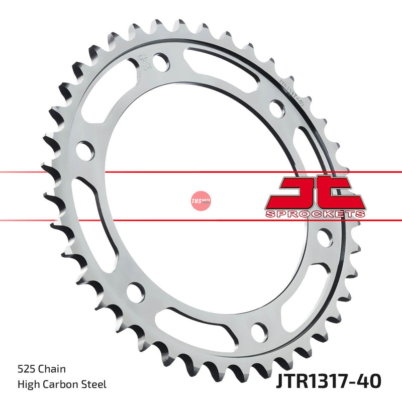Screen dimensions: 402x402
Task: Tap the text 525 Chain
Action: coord(42,369)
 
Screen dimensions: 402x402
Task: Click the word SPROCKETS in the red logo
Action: coord(315,214)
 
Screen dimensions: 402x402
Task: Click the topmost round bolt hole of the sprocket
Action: coord(161,63)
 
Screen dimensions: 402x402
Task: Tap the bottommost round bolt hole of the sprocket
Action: coord(259,332)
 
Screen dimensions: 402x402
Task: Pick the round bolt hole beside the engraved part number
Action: coord(276,108)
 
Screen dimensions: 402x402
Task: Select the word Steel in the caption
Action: coord(95,385)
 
